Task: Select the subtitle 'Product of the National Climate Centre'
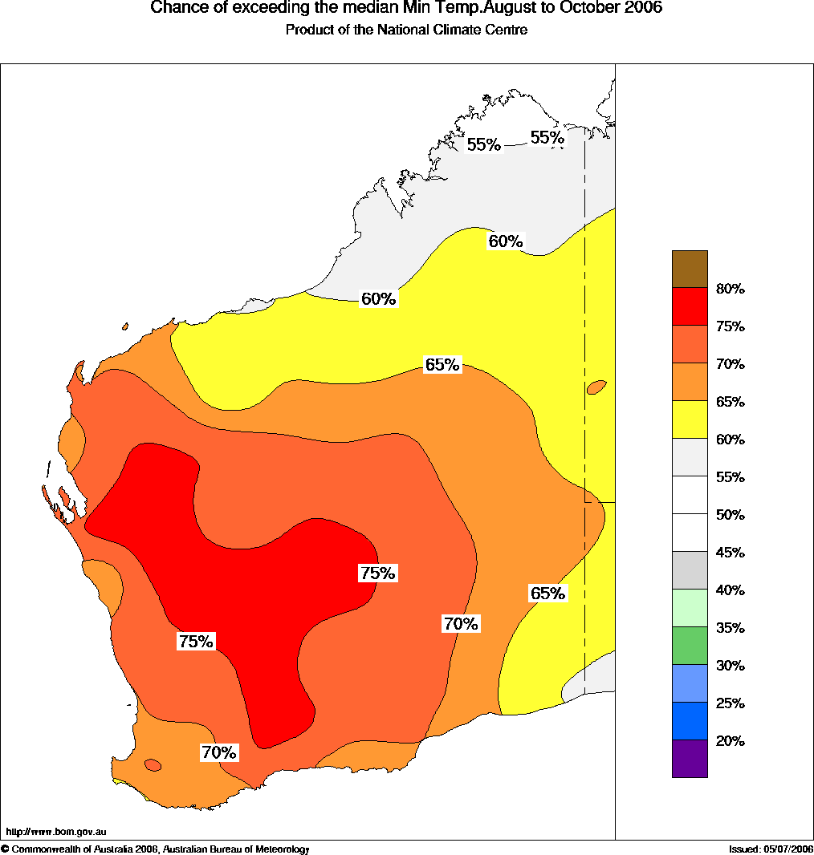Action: click(406, 30)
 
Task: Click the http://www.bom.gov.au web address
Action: click(56, 832)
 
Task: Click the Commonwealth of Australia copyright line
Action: click(156, 849)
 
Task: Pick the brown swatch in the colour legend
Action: click(690, 269)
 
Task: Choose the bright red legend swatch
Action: click(690, 306)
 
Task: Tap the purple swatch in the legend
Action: click(690, 759)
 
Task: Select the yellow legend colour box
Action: click(690, 419)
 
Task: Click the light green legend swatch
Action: click(690, 608)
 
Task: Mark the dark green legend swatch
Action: click(690, 646)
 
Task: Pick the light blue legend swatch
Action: click(690, 683)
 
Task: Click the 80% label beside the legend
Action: click(730, 290)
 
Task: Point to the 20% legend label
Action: click(730, 741)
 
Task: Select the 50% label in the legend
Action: click(730, 515)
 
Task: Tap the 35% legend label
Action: click(730, 628)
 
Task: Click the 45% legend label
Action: click(730, 553)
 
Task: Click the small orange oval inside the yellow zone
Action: click(596, 387)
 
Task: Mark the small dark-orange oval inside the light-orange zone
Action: click(153, 765)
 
